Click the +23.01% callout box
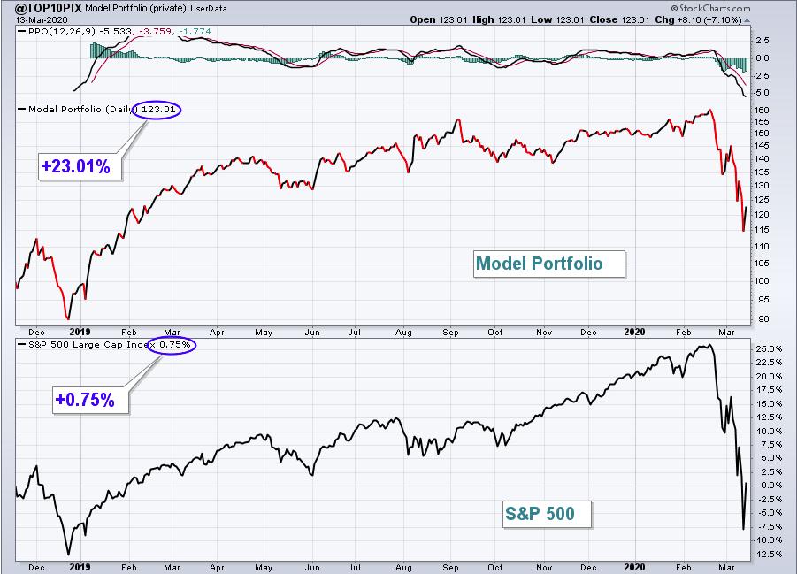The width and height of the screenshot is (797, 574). coord(80,165)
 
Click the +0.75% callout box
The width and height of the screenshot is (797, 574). coord(90,400)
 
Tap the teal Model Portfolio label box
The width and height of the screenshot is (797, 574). coord(549,264)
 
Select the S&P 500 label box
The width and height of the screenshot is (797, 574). coord(547,514)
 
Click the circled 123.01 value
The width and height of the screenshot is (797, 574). coord(157,110)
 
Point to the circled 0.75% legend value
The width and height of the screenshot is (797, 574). coord(172,345)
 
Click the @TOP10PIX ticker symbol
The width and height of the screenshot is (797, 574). coord(42,8)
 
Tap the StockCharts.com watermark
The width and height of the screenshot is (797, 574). coord(710,8)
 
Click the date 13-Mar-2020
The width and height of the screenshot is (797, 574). coord(35,19)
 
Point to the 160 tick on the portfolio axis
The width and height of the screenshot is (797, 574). coord(762,110)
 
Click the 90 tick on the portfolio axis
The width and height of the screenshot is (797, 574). coord(763,319)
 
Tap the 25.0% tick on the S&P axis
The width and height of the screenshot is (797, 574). coord(769,349)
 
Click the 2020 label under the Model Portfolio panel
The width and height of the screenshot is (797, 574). coord(634,332)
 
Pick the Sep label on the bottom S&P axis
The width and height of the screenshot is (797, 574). coord(450,568)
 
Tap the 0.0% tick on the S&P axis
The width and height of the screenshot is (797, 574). coord(769,486)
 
